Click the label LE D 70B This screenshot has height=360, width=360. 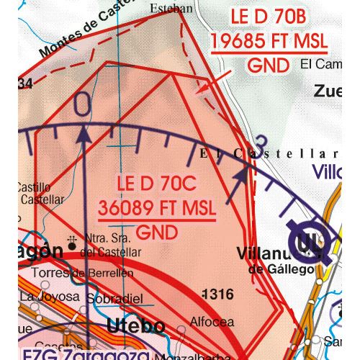click(269, 16)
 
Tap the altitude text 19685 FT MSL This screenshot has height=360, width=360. click(269, 42)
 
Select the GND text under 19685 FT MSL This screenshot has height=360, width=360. click(268, 66)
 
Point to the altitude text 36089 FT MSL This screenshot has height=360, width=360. click(156, 207)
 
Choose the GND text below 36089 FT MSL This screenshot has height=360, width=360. click(156, 232)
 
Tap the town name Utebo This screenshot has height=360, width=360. click(135, 326)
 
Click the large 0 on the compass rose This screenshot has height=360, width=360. click(83, 105)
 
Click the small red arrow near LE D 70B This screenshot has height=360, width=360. click(205, 86)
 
